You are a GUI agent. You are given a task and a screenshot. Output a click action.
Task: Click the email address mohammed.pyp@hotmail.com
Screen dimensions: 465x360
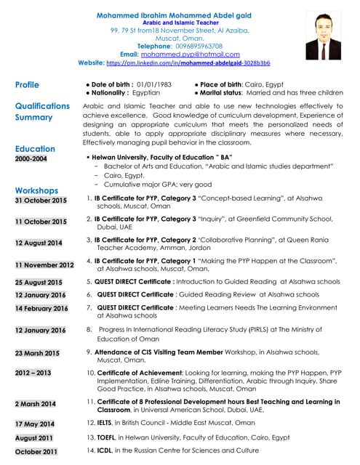coord(180,54)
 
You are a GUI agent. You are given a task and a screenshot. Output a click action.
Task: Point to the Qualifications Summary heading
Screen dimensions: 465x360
coord(42,111)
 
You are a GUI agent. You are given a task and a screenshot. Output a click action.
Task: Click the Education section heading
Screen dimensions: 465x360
coord(35,149)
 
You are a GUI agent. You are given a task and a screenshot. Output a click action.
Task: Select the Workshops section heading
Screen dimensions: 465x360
coord(36,190)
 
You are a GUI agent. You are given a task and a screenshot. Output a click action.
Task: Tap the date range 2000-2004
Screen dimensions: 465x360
coord(31,158)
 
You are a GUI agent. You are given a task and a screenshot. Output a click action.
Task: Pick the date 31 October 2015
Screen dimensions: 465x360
coord(41,201)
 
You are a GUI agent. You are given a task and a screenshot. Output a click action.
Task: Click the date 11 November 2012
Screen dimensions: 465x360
coord(44,265)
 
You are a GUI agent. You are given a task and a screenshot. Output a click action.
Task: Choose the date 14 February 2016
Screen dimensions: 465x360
coord(42,309)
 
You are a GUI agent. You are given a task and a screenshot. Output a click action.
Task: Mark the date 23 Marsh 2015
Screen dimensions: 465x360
coord(37,353)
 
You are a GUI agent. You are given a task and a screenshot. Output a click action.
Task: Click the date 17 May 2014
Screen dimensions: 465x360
coord(35,424)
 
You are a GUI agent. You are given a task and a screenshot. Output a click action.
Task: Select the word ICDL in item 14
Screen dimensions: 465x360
coord(105,451)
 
